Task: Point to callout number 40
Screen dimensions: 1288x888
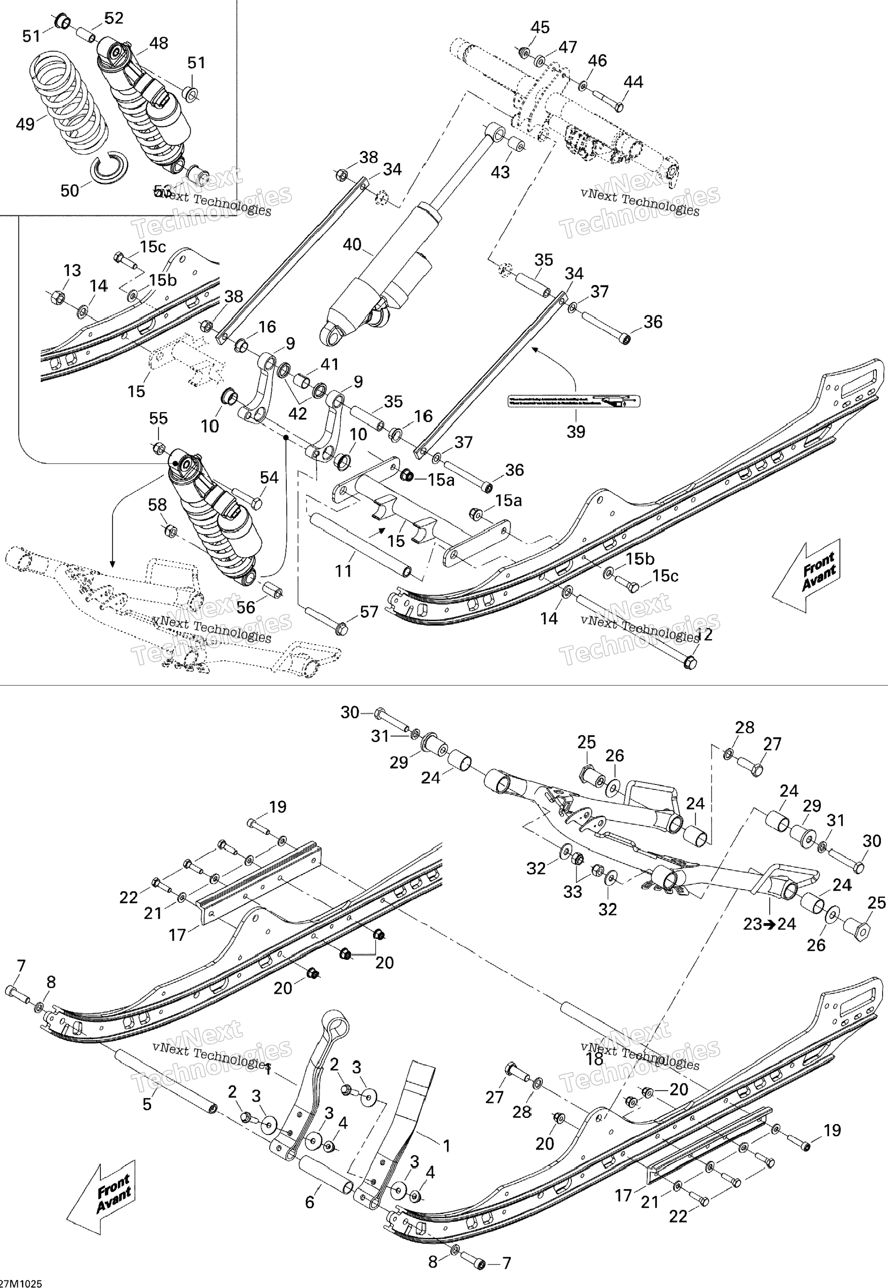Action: pyautogui.click(x=352, y=245)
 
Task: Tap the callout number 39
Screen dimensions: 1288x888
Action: pyautogui.click(x=576, y=431)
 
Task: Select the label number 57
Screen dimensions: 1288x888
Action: pyautogui.click(x=369, y=612)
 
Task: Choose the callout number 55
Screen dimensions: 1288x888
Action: pyautogui.click(x=159, y=418)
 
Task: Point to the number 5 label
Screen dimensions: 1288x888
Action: pyautogui.click(x=147, y=1104)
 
